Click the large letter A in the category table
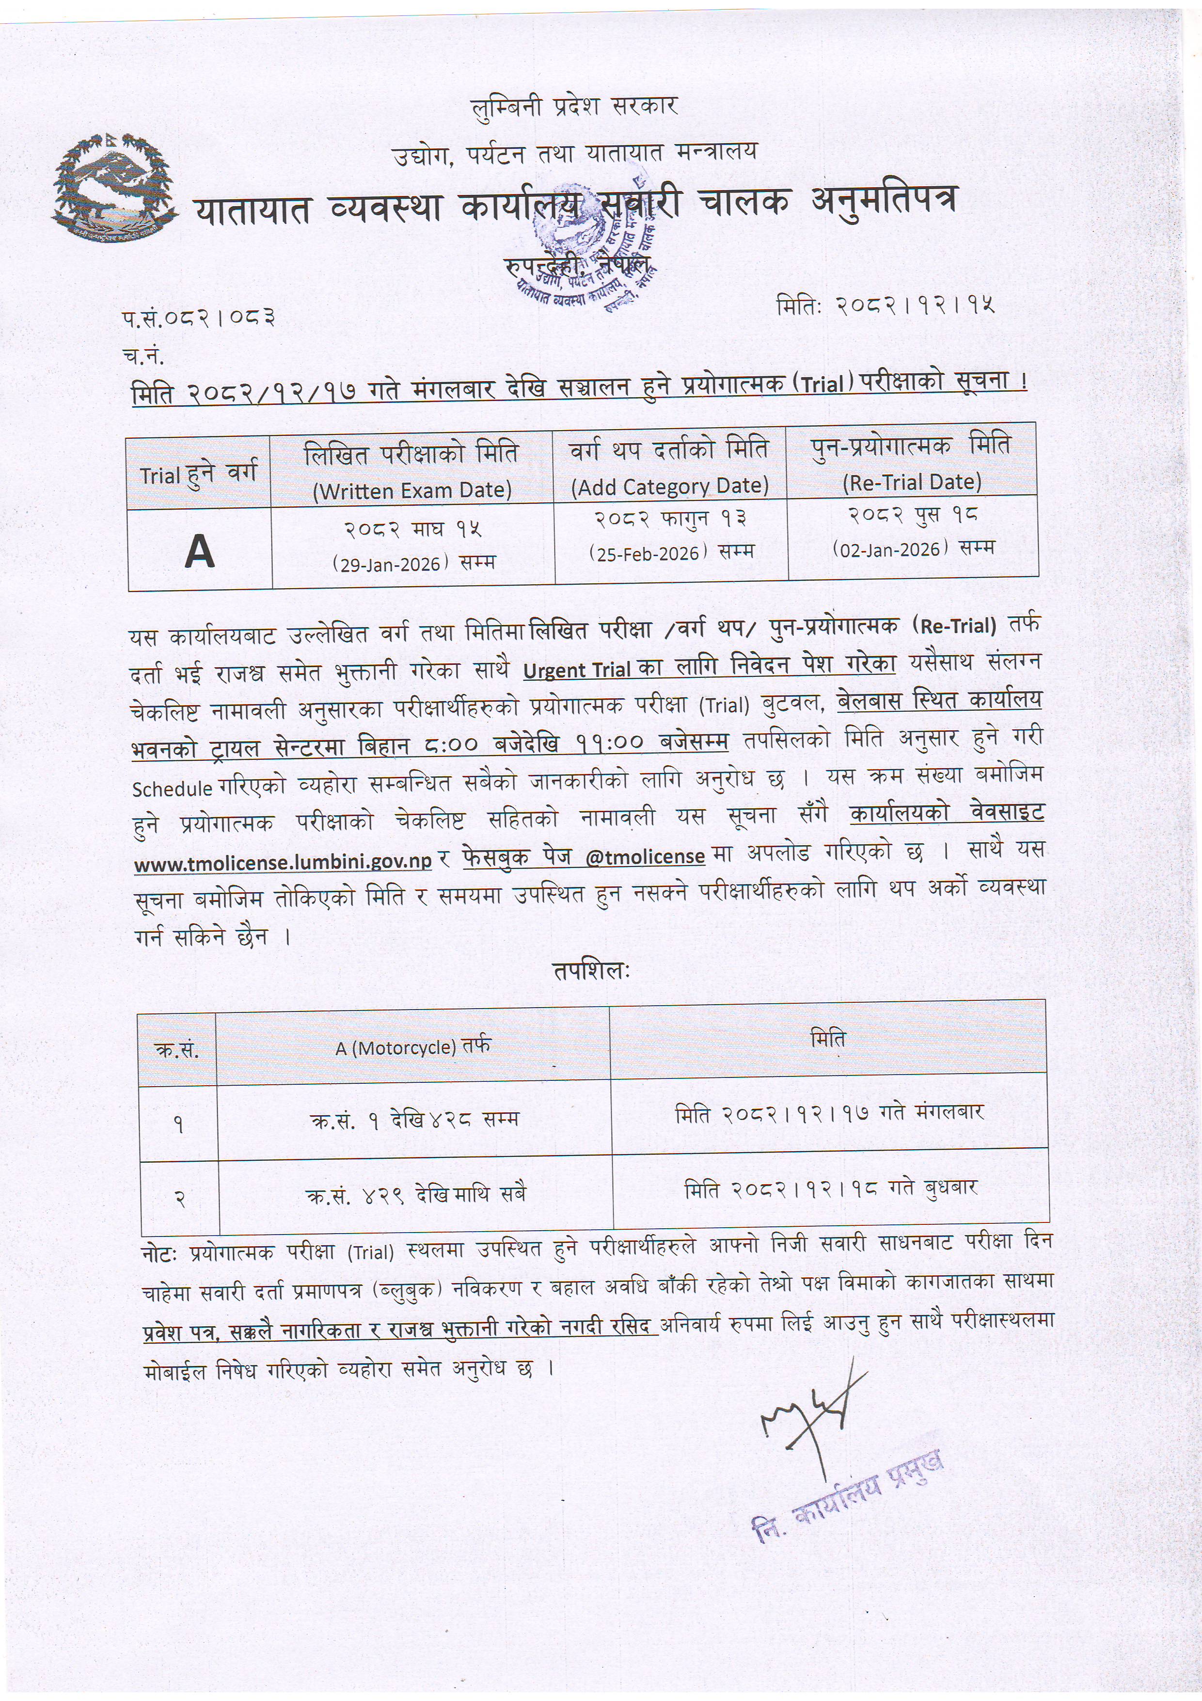pyautogui.click(x=199, y=551)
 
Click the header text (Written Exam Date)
pyautogui.click(x=412, y=490)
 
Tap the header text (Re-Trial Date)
pyautogui.click(x=912, y=483)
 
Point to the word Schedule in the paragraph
pyautogui.click(x=173, y=789)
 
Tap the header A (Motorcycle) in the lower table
pyautogui.click(x=412, y=1047)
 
